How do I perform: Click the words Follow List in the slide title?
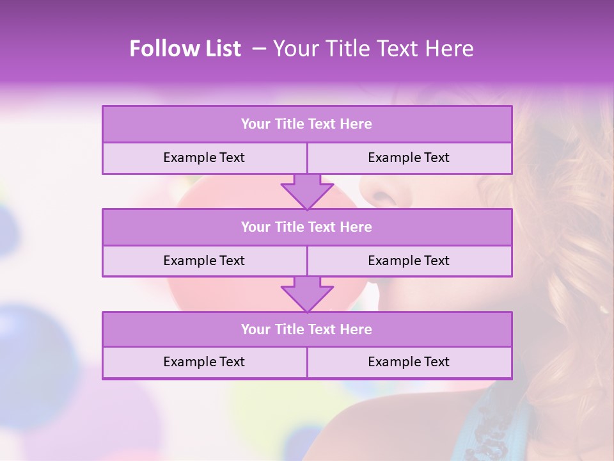pyautogui.click(x=185, y=49)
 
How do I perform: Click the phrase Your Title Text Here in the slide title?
pyautogui.click(x=373, y=49)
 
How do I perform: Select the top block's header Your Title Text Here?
pyautogui.click(x=306, y=124)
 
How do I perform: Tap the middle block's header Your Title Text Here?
pyautogui.click(x=306, y=227)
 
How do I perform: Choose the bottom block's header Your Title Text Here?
pyautogui.click(x=306, y=329)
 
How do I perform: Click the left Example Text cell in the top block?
pyautogui.click(x=204, y=158)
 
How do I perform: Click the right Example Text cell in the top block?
pyautogui.click(x=409, y=158)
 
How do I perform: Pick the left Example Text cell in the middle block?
pyautogui.click(x=204, y=261)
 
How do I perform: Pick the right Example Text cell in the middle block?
pyautogui.click(x=409, y=261)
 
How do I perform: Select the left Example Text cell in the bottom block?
pyautogui.click(x=204, y=362)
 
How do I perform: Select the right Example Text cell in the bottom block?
pyautogui.click(x=409, y=362)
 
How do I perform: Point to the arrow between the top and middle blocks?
pyautogui.click(x=307, y=191)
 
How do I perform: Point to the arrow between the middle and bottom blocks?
pyautogui.click(x=307, y=294)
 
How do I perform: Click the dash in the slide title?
pyautogui.click(x=260, y=49)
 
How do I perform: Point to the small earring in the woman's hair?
pyautogui.click(x=602, y=310)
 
